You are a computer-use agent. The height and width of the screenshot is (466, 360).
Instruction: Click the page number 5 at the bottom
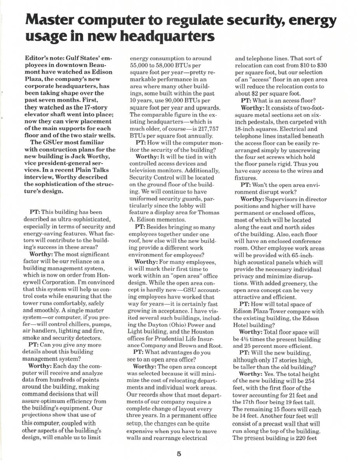pyautogui.click(x=179, y=453)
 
